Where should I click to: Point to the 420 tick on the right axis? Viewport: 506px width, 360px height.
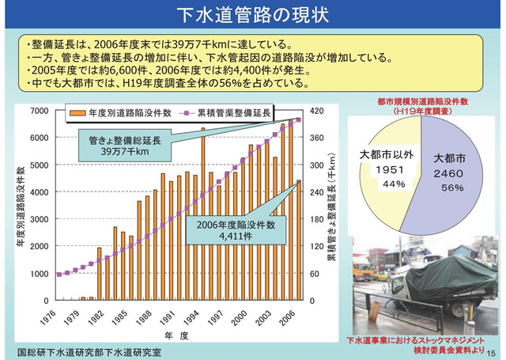[315, 110]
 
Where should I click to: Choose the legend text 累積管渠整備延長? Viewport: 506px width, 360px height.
[235, 112]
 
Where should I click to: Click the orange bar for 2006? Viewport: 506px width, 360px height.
[299, 241]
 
